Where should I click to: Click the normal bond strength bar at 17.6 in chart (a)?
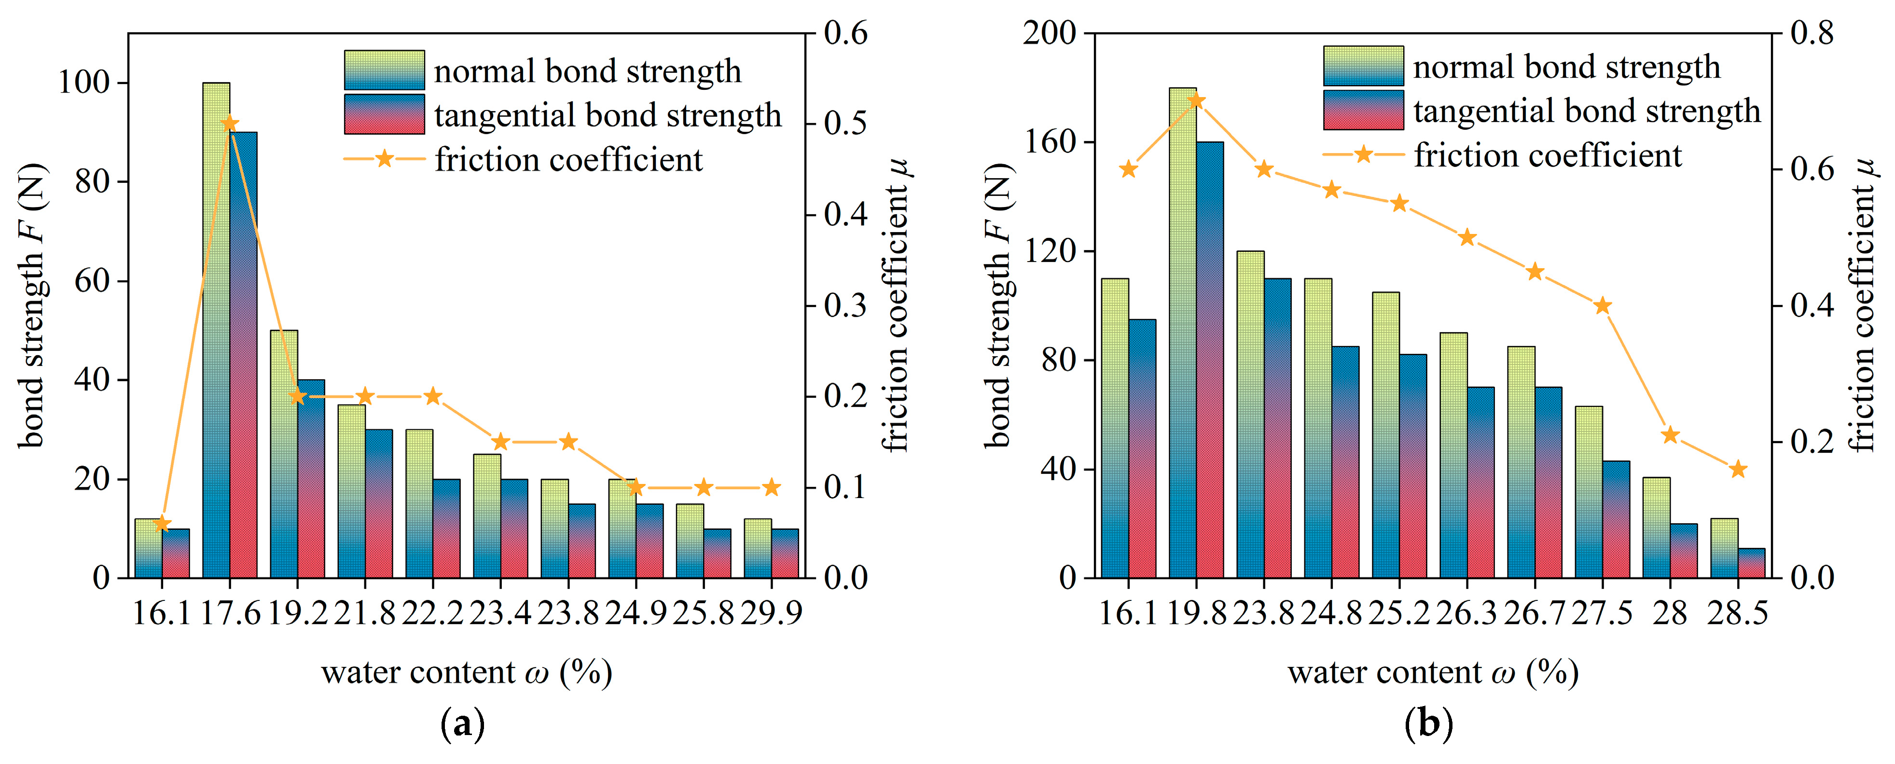point(216,331)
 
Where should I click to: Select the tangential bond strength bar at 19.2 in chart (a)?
point(310,478)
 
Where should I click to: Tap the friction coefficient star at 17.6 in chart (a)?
point(230,123)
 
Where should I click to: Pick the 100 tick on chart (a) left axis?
point(83,83)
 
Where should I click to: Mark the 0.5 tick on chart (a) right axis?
point(845,124)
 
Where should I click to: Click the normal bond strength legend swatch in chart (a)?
point(384,70)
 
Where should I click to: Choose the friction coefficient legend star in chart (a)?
point(384,159)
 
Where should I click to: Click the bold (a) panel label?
point(462,725)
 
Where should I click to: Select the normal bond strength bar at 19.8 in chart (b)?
point(1182,331)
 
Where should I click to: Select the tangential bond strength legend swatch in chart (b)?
point(1363,110)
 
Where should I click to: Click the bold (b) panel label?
point(1428,725)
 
